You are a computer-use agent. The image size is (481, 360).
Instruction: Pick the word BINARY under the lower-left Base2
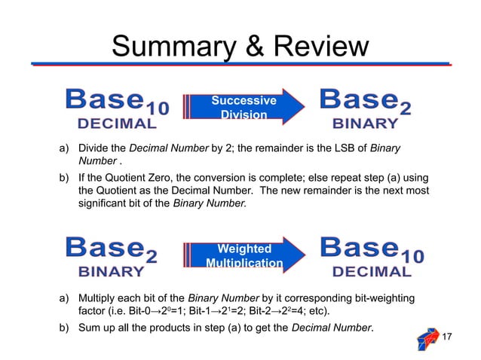(x=112, y=271)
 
